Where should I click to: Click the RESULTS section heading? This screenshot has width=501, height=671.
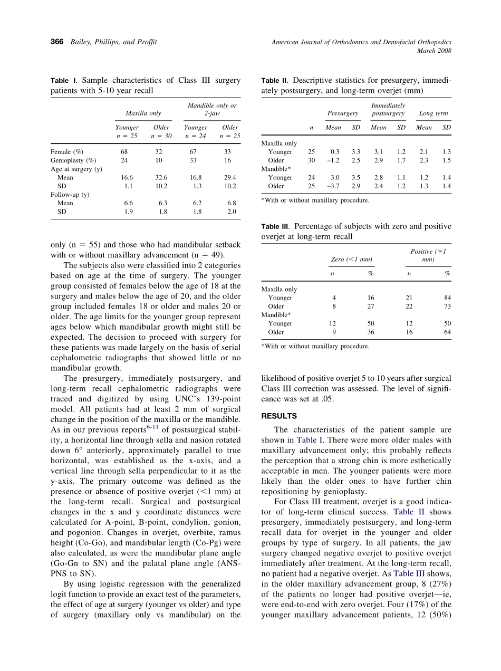pyautogui.click(x=279, y=416)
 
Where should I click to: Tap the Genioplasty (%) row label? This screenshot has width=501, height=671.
pyautogui.click(x=73, y=160)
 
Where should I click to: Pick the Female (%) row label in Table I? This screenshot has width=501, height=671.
pyautogui.click(x=67, y=152)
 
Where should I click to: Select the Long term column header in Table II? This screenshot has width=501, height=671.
pyautogui.click(x=433, y=113)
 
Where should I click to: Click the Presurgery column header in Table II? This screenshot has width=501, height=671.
pyautogui.click(x=343, y=113)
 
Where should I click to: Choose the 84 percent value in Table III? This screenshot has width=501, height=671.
pyautogui.click(x=447, y=298)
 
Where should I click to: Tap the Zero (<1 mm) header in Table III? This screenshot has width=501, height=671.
pyautogui.click(x=351, y=260)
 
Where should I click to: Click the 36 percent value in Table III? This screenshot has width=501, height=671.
pyautogui.click(x=370, y=332)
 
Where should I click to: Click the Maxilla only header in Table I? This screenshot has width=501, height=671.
pyautogui.click(x=143, y=113)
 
